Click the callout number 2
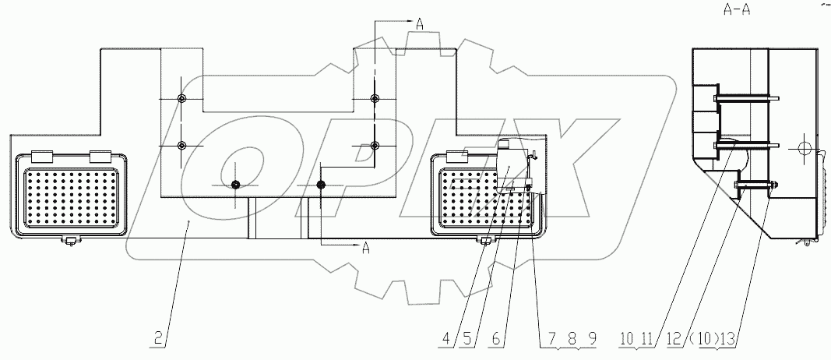159,339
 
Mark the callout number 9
592,339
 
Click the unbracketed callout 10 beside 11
626,339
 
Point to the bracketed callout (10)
699,339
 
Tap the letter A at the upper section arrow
419,25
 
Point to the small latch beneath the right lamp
486,239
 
